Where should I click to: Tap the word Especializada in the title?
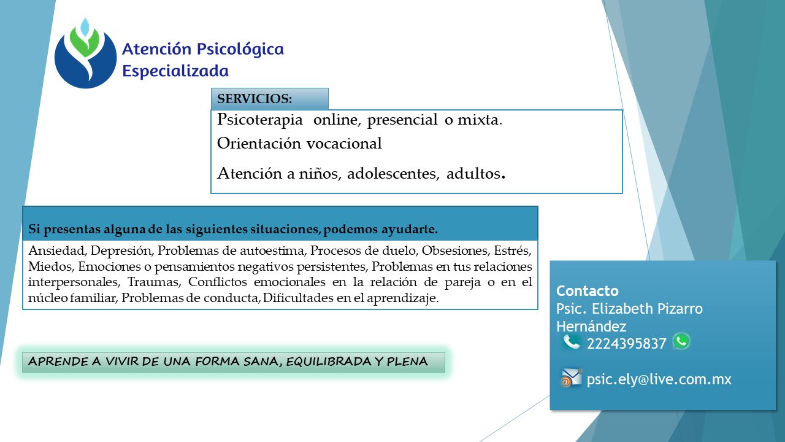pyautogui.click(x=175, y=71)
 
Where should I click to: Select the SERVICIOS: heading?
pyautogui.click(x=255, y=99)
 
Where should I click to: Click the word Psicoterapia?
pyautogui.click(x=259, y=120)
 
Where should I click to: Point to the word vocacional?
pyautogui.click(x=344, y=143)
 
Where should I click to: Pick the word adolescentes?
pyautogui.click(x=393, y=173)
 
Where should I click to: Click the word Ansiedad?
pyautogui.click(x=58, y=250)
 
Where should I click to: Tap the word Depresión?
pyautogui.click(x=121, y=250)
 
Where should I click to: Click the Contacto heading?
pyautogui.click(x=588, y=291)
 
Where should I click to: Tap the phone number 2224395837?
pyautogui.click(x=626, y=344)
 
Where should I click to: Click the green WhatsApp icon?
pyautogui.click(x=681, y=341)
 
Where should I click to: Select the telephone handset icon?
pyautogui.click(x=571, y=342)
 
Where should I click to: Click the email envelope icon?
pyautogui.click(x=571, y=378)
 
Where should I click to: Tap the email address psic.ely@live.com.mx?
pyautogui.click(x=659, y=379)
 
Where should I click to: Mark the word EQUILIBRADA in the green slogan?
pyautogui.click(x=328, y=362)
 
